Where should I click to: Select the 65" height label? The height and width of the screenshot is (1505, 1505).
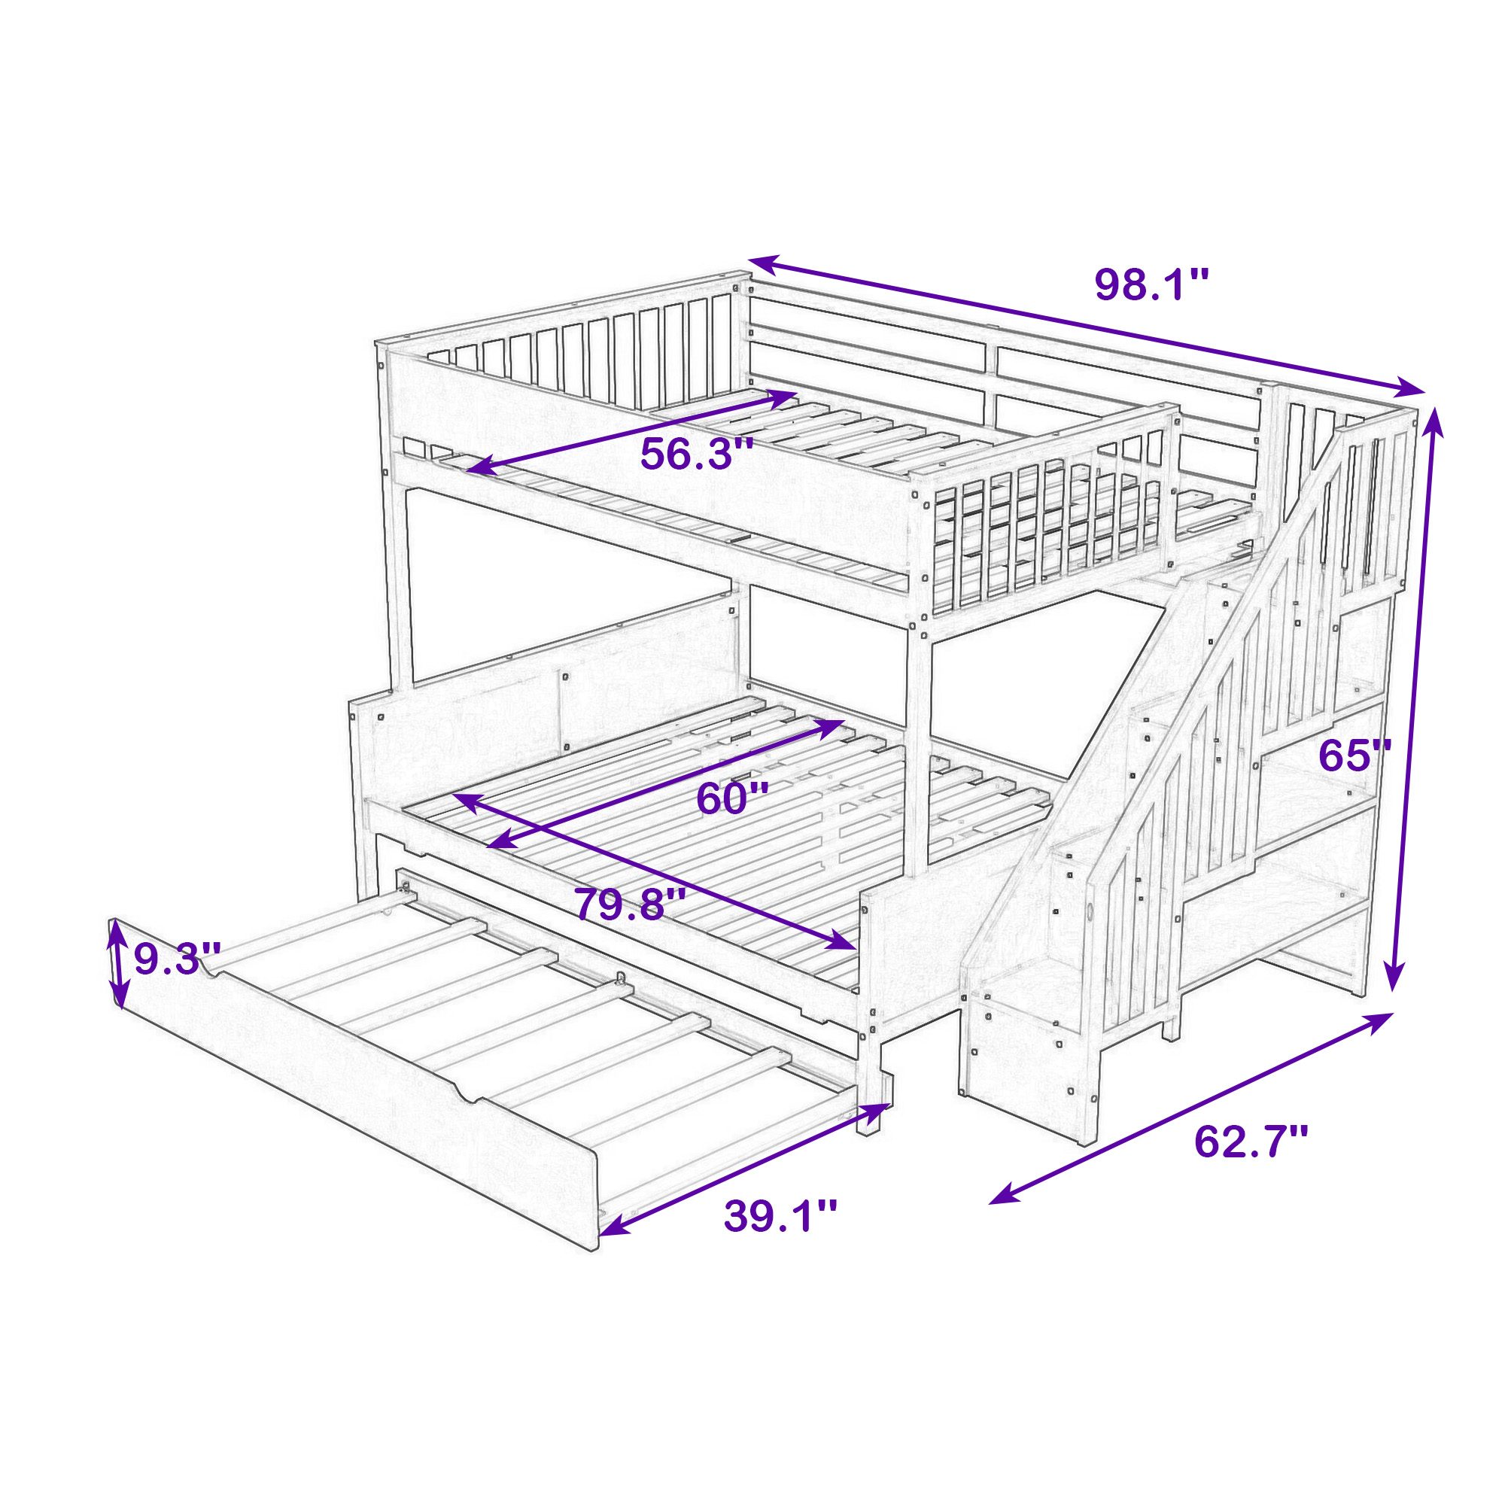pos(1354,755)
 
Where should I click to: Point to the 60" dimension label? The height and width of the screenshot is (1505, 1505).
pos(732,798)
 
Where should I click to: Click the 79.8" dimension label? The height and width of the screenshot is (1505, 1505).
pos(630,905)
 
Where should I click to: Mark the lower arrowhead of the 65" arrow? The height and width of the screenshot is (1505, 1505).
pos(1393,975)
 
